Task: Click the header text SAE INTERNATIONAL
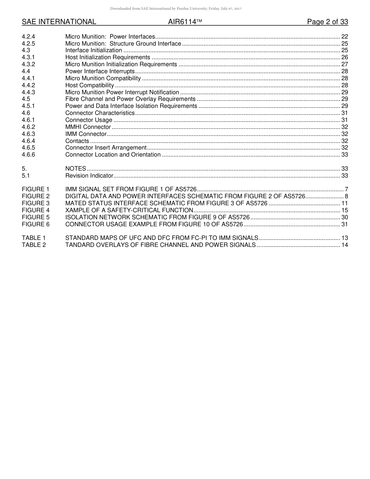pos(59,22)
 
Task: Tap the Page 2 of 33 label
pos(327,22)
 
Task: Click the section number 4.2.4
pos(28,37)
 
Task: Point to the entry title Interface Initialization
pos(93,50)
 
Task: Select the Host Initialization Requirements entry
pos(107,57)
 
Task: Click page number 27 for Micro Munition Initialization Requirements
pos(344,64)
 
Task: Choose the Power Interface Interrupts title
pos(100,71)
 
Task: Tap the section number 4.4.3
pos(28,92)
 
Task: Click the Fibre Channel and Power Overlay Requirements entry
pos(130,99)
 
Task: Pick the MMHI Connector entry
pos(88,127)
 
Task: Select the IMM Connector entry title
pos(86,134)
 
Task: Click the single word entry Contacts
pos(77,141)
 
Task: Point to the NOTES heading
pos(76,169)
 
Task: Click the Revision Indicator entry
pos(89,176)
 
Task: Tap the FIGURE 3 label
pos(36,203)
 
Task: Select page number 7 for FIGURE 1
pos(346,189)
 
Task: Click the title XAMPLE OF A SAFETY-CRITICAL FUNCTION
pos(129,210)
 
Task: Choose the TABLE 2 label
pos(34,245)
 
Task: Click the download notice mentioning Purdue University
pos(176,9)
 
